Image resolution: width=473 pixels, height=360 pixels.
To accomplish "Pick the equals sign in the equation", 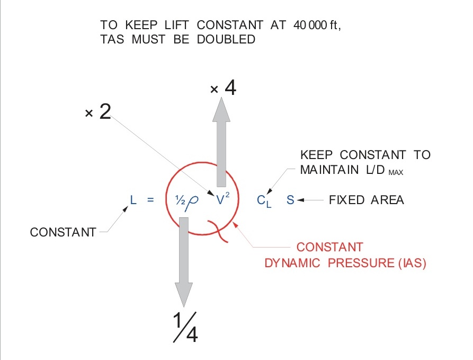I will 150,200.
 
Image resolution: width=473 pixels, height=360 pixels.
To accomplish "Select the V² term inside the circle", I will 223,200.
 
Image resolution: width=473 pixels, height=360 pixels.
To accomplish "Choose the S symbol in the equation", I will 290,200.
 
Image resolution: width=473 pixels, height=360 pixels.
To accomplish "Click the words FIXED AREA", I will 366,200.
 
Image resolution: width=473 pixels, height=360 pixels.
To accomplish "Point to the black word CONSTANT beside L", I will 63,232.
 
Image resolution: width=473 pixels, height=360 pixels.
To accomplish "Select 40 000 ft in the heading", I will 316,25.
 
